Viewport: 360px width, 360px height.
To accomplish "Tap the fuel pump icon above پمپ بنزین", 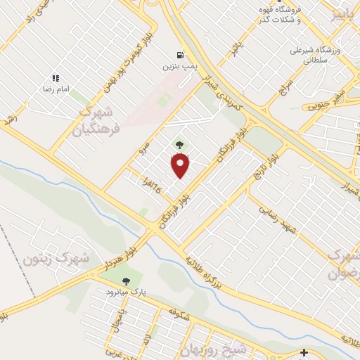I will [x=181, y=55].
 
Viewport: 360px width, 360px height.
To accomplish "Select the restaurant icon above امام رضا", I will [x=56, y=78].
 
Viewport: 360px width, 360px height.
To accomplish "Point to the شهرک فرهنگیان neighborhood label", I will [x=100, y=120].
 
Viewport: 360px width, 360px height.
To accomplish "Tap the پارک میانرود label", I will [x=126, y=292].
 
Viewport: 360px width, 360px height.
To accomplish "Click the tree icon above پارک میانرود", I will [x=127, y=281].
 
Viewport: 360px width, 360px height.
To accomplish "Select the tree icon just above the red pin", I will [x=177, y=146].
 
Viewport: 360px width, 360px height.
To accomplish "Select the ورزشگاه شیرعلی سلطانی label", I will [x=317, y=56].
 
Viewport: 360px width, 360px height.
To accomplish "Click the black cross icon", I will [x=304, y=352].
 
